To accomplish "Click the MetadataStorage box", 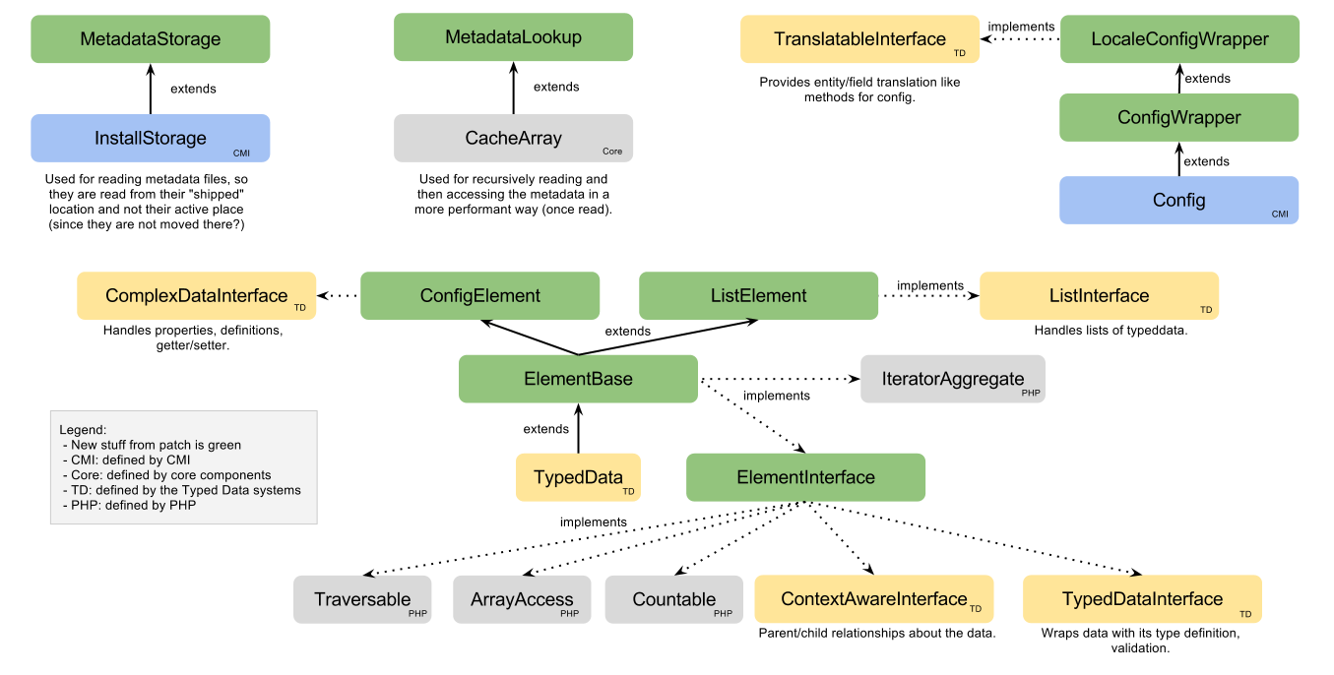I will [150, 39].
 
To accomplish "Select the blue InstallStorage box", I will [150, 138].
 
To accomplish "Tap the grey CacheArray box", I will [513, 138].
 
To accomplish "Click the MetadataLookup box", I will [513, 37].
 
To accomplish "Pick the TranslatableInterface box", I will [859, 39].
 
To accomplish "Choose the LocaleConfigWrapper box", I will [1179, 39].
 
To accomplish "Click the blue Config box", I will [1178, 200].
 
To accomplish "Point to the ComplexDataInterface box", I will [197, 295].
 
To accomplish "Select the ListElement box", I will [758, 295].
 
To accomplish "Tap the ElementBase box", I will [578, 379].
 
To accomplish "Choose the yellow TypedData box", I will [578, 477].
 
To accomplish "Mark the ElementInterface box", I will [805, 477].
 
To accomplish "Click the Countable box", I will [674, 599].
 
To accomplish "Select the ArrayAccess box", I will [522, 599].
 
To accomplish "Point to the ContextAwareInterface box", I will [874, 599].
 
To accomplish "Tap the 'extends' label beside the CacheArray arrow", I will [556, 87].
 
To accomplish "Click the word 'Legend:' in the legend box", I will [82, 430].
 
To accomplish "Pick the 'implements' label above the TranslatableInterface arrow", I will [1021, 27].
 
